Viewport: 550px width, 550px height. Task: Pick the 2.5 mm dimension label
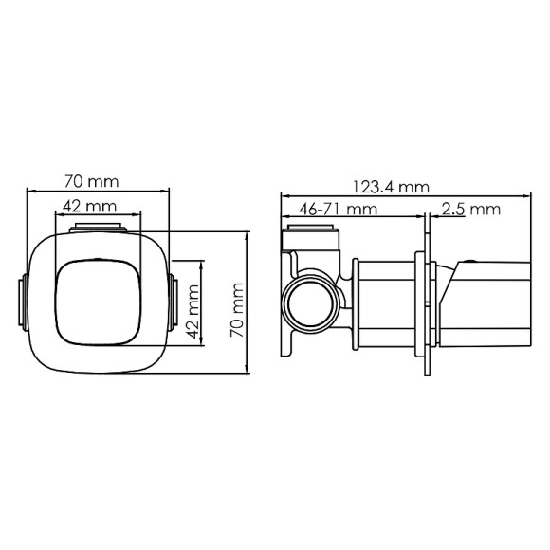pos(471,209)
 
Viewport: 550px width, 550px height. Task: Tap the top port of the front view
pos(98,228)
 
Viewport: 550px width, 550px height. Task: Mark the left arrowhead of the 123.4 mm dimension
pos(283,197)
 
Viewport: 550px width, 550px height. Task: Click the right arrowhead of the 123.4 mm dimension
pos(528,197)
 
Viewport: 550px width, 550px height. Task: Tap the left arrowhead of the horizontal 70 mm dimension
pos(28,190)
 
